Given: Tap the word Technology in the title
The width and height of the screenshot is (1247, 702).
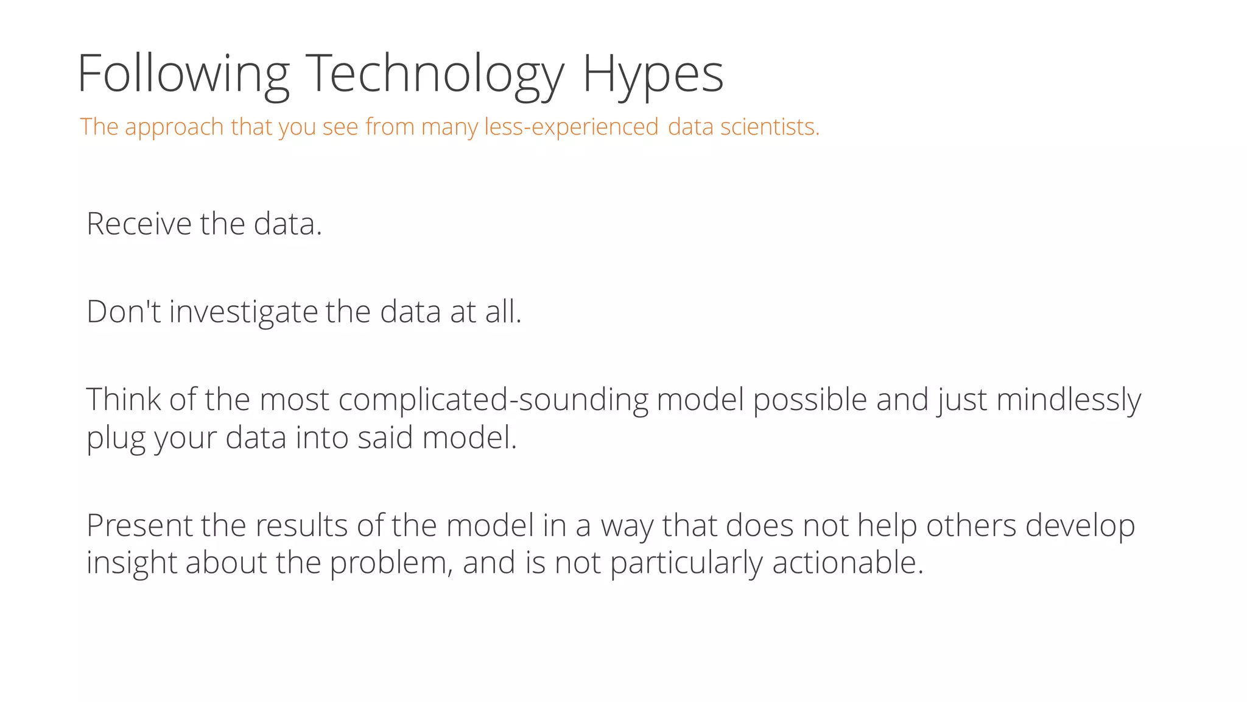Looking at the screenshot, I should [435, 74].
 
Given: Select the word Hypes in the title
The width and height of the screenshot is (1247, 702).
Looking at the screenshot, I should [653, 74].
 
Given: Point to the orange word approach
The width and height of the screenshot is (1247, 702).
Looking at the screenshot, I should [174, 127].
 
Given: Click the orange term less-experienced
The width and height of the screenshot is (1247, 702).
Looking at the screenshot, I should [571, 127].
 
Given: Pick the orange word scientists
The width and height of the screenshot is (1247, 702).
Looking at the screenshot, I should [770, 127].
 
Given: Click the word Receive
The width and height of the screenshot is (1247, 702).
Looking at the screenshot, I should [139, 224].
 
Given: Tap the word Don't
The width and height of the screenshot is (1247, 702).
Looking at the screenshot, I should [124, 311].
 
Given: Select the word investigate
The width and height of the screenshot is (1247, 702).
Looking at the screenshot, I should [244, 313].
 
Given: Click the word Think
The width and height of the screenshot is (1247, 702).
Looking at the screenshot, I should [123, 400].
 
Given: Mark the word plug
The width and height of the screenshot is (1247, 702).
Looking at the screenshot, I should [116, 439].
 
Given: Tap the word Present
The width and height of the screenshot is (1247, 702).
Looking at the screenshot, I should [139, 525].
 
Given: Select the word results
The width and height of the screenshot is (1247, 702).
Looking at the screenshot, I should [302, 525].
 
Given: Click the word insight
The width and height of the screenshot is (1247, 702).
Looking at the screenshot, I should [132, 563].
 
